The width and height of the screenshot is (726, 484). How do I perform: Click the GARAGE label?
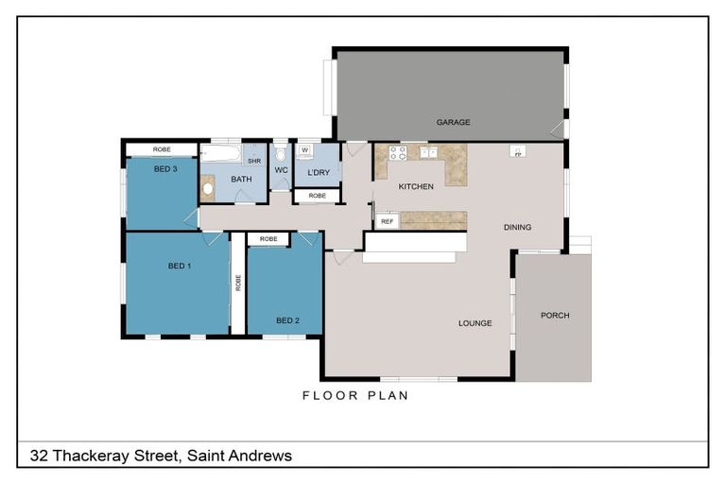tap(453, 122)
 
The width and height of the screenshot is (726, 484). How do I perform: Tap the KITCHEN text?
tap(416, 186)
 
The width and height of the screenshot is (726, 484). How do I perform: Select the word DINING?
tap(517, 227)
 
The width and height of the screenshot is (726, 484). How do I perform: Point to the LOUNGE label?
tap(475, 323)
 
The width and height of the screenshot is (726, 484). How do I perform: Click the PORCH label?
tap(555, 315)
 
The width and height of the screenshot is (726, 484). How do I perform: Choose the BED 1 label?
tap(180, 266)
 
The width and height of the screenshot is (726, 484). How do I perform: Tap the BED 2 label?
tap(287, 320)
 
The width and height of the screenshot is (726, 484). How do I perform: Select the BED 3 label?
tap(165, 169)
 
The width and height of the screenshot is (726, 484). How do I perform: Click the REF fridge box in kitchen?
tap(386, 221)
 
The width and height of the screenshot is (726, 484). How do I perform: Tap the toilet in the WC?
tap(281, 155)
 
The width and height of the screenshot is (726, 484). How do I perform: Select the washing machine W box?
tap(305, 150)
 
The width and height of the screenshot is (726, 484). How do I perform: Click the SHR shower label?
tap(254, 161)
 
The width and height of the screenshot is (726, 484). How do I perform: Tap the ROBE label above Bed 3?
tap(162, 149)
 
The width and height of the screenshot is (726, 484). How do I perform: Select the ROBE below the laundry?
tap(317, 196)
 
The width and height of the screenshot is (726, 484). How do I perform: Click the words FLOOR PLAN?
tap(355, 395)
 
